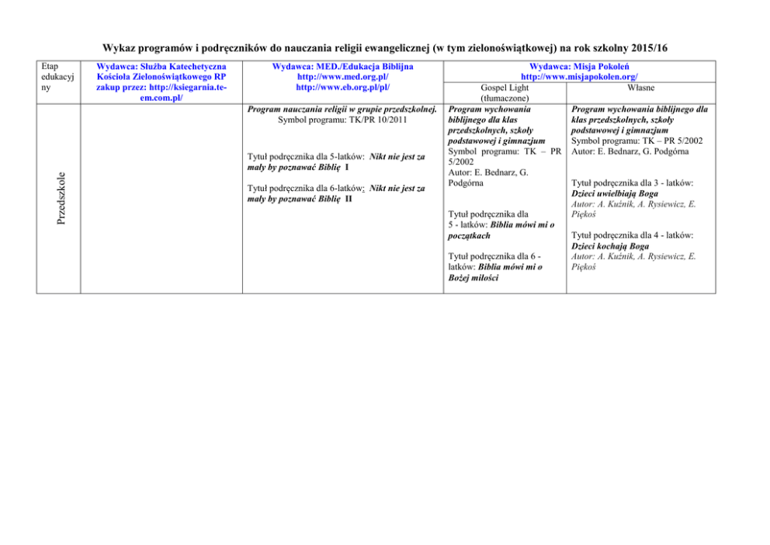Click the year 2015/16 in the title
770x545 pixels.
pyautogui.click(x=641, y=48)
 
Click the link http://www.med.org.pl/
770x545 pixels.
pyautogui.click(x=342, y=78)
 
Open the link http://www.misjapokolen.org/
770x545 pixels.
pyautogui.click(x=579, y=78)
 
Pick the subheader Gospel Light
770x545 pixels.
pyautogui.click(x=505, y=89)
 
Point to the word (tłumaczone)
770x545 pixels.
pyautogui.click(x=505, y=99)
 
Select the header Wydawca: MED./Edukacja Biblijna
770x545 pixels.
pyautogui.click(x=342, y=67)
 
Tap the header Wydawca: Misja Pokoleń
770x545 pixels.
pyautogui.click(x=579, y=67)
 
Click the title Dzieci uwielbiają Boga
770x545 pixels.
pyautogui.click(x=613, y=193)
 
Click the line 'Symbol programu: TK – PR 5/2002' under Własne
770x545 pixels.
pyautogui.click(x=636, y=141)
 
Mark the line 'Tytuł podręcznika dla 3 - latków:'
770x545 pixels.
pyautogui.click(x=632, y=182)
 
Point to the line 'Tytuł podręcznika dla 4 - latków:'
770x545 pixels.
pyautogui.click(x=632, y=234)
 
